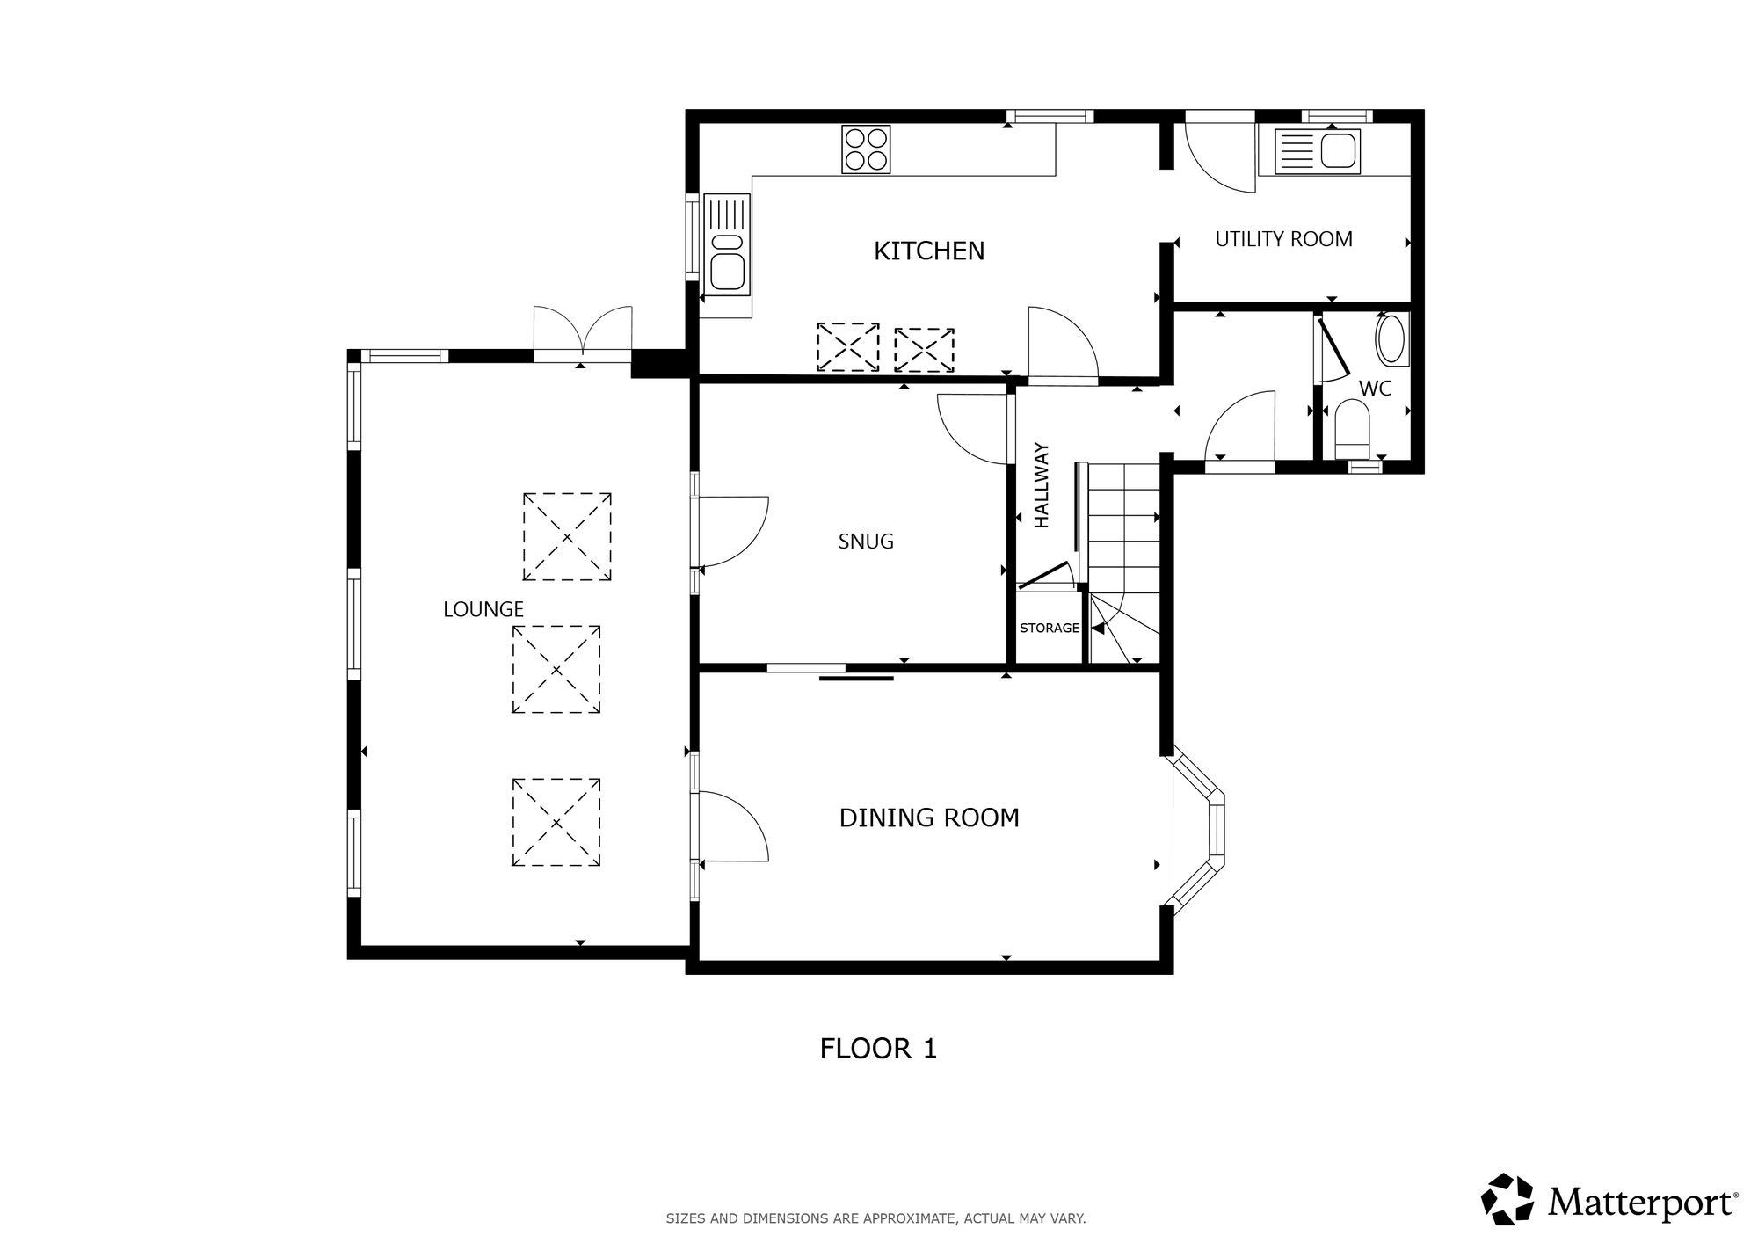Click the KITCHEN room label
coord(929,251)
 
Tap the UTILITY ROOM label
coord(1283,239)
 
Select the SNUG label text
coord(866,542)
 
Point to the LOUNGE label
coord(483,609)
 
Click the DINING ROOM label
coord(929,818)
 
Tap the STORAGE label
coord(1050,629)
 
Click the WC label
coord(1375,389)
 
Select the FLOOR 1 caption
coord(878,1049)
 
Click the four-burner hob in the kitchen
coord(866,149)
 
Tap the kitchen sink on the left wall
coord(728,244)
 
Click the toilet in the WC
coord(1352,431)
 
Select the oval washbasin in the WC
coord(1391,340)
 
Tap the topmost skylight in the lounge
coord(567,537)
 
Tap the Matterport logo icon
coord(1507,1198)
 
